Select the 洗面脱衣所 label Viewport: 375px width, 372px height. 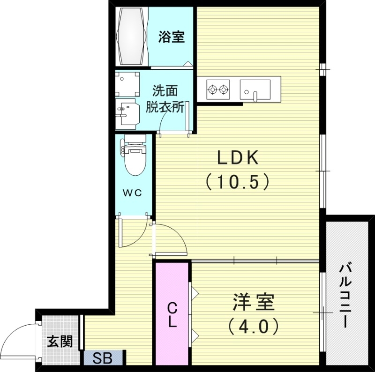pyautogui.click(x=165, y=99)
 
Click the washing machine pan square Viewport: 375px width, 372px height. pyautogui.click(x=127, y=84)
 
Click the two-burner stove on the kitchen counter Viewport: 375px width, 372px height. pyautogui.click(x=218, y=89)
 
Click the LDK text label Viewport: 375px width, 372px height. pyautogui.click(x=238, y=158)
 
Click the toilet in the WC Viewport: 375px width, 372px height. pyautogui.click(x=135, y=157)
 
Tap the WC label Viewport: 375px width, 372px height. pyautogui.click(x=133, y=193)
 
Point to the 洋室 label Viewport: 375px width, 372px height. pyautogui.click(x=253, y=302)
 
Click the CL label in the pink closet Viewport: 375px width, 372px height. pyautogui.click(x=172, y=315)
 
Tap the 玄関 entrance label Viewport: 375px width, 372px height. pyautogui.click(x=60, y=342)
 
